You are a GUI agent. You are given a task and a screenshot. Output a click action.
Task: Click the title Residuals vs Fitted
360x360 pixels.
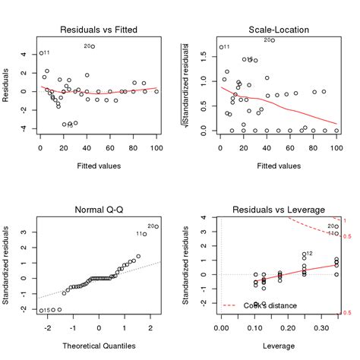click(x=99, y=30)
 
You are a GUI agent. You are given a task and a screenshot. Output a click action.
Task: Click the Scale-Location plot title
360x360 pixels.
click(x=278, y=30)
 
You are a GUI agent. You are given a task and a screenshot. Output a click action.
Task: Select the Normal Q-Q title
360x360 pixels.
click(x=99, y=210)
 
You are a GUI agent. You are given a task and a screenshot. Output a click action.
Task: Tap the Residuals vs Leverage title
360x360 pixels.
click(x=278, y=210)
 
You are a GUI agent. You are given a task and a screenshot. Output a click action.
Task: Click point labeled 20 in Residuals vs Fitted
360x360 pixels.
click(x=93, y=46)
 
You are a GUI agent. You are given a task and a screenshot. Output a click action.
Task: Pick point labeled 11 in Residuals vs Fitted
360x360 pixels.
click(x=40, y=53)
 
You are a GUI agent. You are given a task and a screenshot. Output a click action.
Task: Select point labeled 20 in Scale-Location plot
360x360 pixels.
click(x=273, y=40)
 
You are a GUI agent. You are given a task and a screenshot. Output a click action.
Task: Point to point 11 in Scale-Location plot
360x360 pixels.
click(x=220, y=47)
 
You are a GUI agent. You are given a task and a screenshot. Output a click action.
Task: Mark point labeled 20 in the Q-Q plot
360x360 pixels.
click(x=156, y=226)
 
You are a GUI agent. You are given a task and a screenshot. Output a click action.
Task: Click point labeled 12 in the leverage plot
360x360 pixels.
click(x=304, y=255)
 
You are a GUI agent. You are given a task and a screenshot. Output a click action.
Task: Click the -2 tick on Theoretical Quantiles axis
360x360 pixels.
click(x=49, y=329)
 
